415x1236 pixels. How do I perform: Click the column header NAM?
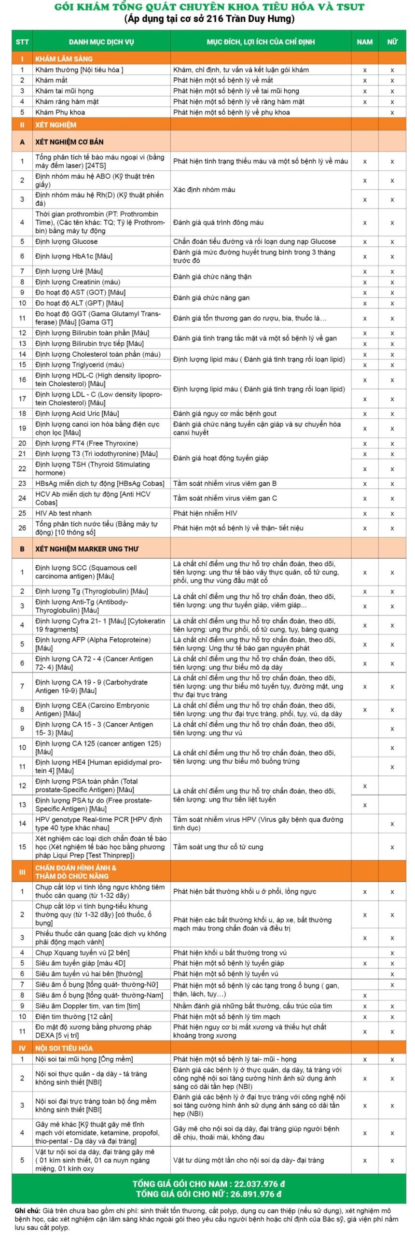click(364, 42)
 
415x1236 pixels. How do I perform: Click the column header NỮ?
click(392, 42)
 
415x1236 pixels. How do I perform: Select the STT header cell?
click(22, 42)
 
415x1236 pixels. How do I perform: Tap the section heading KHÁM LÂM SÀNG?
click(64, 59)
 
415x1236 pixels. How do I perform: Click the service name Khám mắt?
click(51, 80)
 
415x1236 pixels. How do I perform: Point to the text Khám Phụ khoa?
click(60, 112)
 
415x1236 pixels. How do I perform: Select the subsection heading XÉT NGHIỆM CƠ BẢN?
click(69, 142)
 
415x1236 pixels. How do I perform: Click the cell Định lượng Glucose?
click(66, 241)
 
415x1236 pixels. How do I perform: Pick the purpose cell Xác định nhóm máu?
click(204, 190)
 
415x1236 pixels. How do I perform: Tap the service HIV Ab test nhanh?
click(63, 513)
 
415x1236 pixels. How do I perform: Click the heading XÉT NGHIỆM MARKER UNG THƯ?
click(87, 549)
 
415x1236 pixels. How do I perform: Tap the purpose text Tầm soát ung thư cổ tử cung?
click(218, 847)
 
